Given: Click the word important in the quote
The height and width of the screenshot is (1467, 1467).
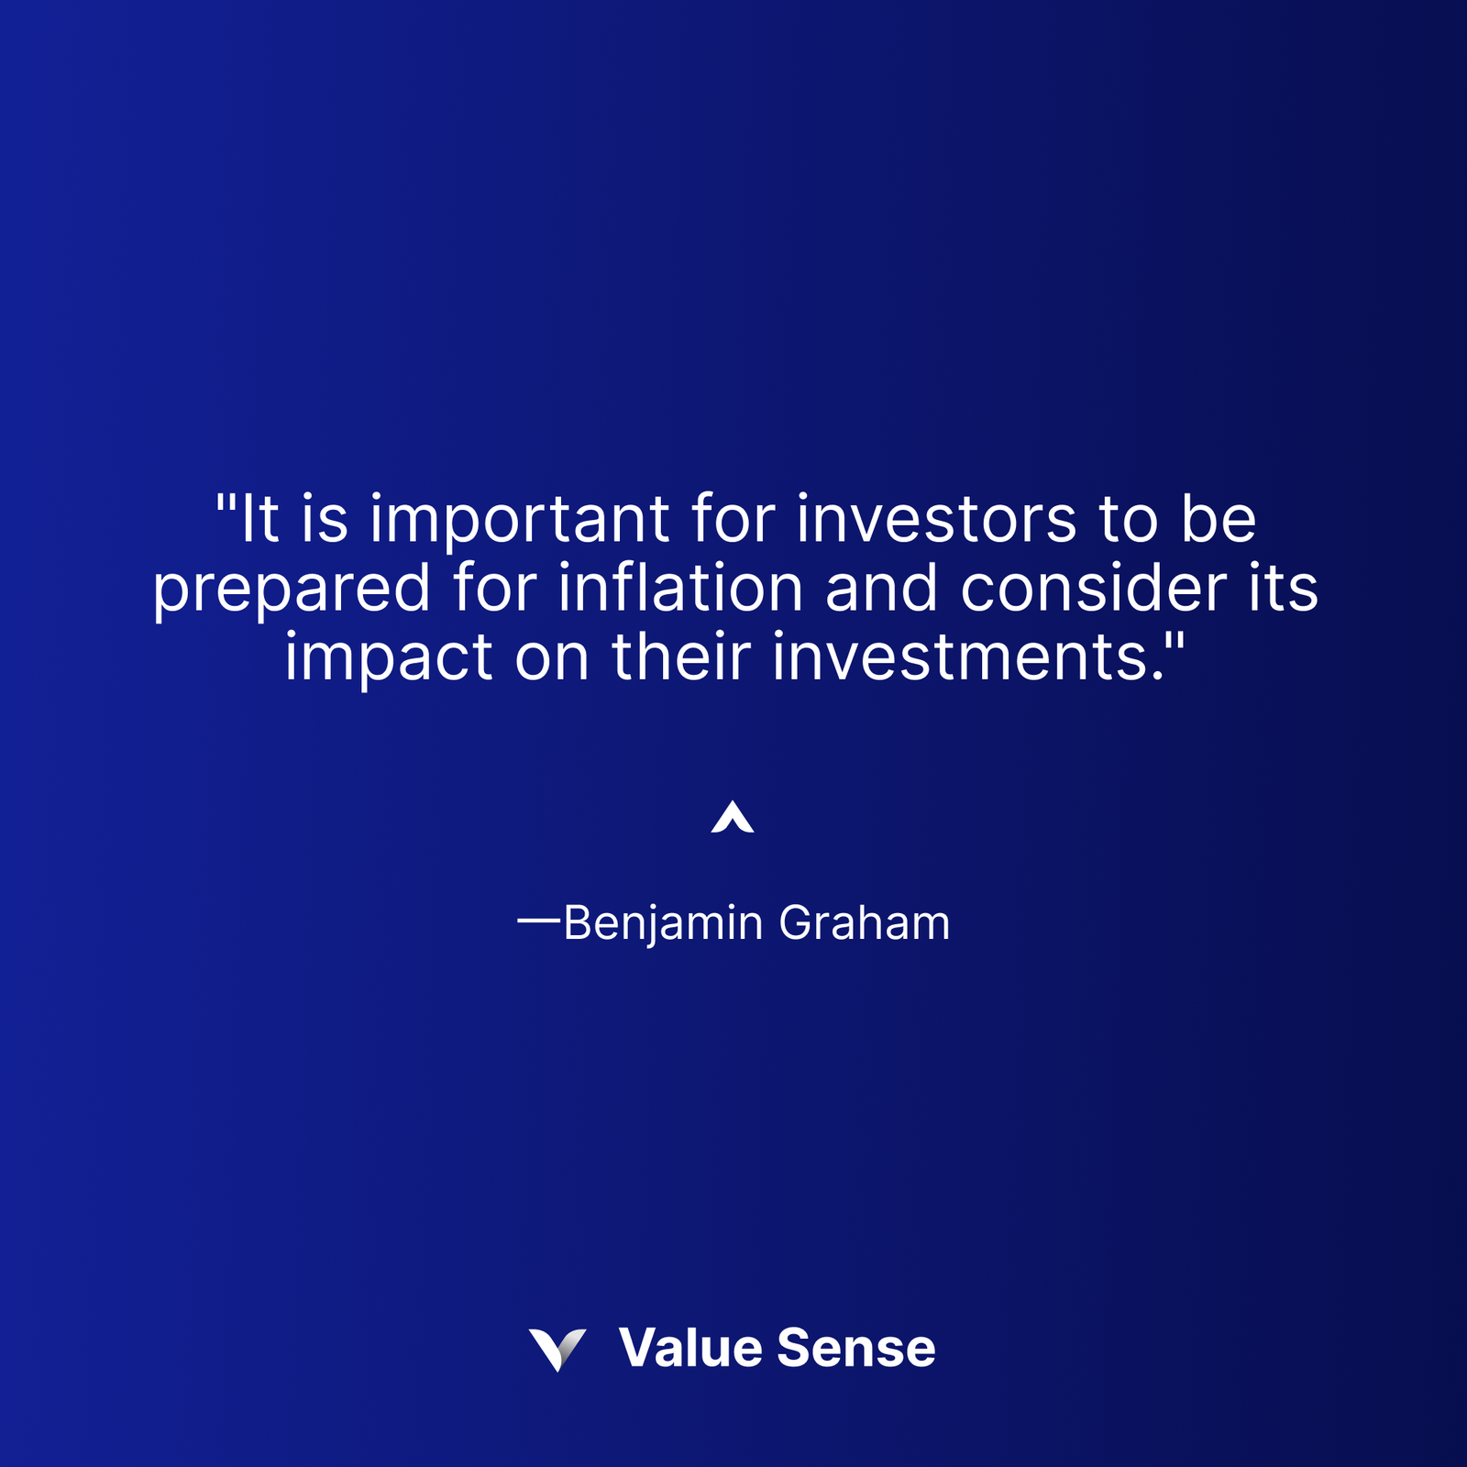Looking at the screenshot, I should point(519,521).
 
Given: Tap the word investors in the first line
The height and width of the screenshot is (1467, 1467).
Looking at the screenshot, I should point(936,519).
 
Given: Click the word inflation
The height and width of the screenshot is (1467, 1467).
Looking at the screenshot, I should point(680,588).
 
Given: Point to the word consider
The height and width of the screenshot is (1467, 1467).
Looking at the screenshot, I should point(1093,588).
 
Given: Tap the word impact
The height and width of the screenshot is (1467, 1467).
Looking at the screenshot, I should point(389,659).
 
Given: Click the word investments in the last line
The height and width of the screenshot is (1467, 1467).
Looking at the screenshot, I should point(962,657).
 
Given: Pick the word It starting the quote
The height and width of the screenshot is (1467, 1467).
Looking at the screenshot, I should point(259,519).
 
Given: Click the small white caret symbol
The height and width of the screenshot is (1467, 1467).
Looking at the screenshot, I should point(733,817).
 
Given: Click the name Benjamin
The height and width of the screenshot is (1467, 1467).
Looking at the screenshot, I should point(662,923).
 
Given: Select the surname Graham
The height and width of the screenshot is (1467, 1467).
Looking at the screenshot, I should point(864,922).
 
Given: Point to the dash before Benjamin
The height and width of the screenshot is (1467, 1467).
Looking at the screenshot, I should point(538,919).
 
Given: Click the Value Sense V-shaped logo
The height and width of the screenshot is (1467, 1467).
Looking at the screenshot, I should point(557,1349).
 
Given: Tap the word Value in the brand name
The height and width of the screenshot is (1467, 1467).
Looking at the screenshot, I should point(690,1348).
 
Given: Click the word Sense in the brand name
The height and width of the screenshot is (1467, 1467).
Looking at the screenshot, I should point(855,1348).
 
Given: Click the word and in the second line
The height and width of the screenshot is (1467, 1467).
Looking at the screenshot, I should point(881,588).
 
